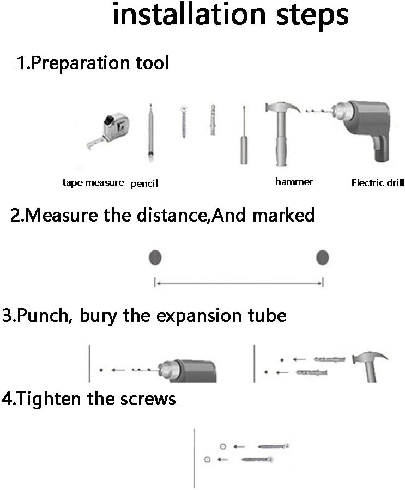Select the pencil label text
click(144, 183)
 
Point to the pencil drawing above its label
click(149, 133)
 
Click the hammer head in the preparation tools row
click(281, 108)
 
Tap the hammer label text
click(294, 182)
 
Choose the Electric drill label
click(378, 183)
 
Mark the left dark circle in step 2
click(156, 257)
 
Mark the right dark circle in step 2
click(323, 257)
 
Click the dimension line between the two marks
click(239, 283)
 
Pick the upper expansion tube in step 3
click(328, 359)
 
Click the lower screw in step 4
click(256, 460)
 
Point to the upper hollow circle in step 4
click(222, 446)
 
